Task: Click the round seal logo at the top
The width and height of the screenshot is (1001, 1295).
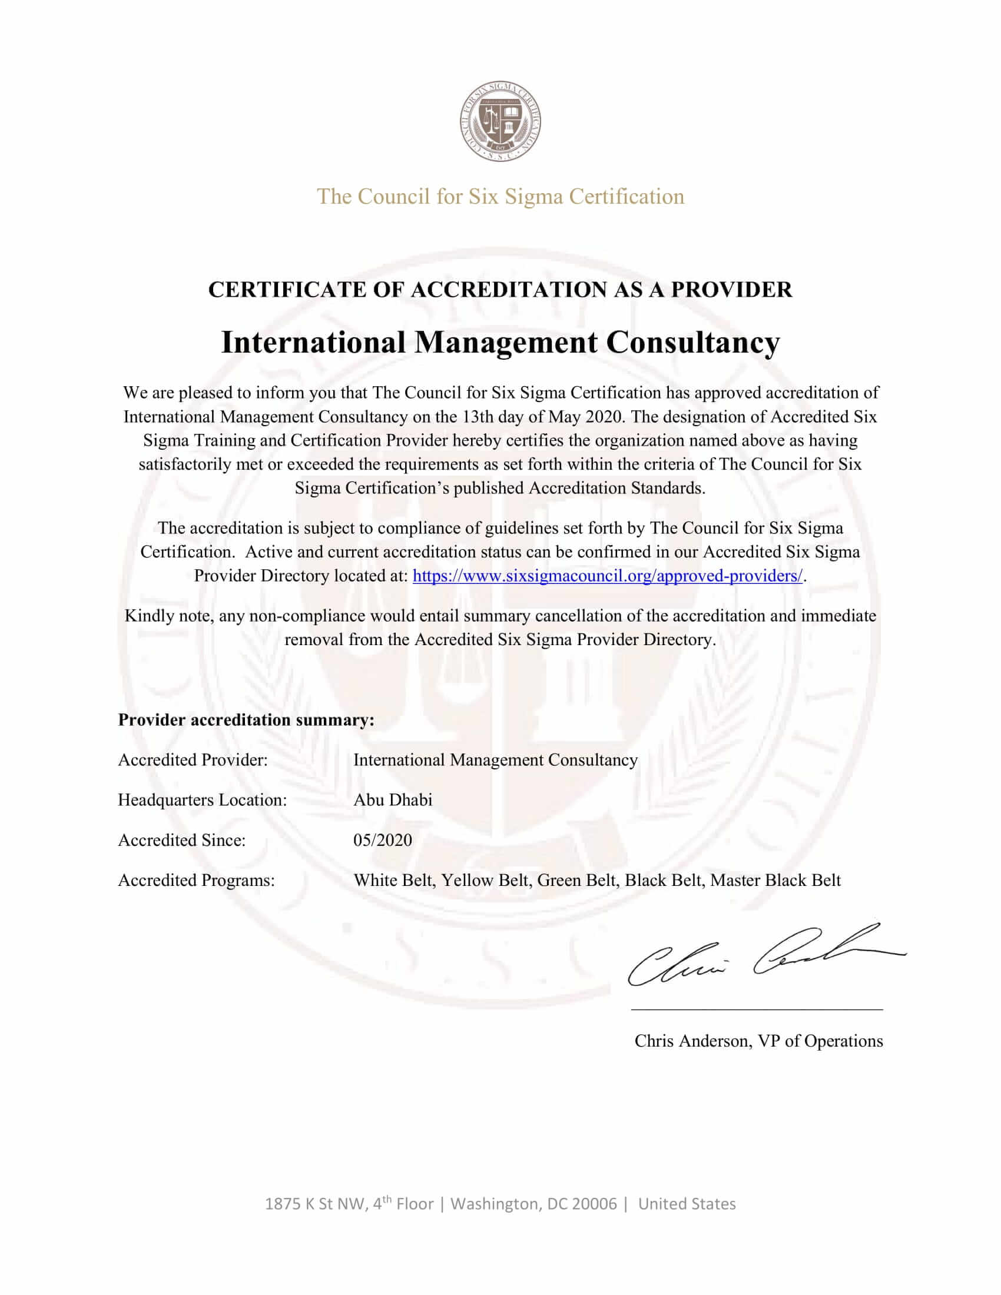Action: coord(501,122)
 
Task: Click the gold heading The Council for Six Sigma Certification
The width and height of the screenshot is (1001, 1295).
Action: coord(501,196)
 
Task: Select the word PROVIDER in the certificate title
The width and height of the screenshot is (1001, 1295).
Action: coord(731,290)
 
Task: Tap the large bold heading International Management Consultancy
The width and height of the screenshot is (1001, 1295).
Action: coord(501,342)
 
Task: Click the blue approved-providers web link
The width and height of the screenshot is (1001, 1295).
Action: coord(607,576)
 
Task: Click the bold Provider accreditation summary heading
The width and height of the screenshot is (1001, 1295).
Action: coord(246,720)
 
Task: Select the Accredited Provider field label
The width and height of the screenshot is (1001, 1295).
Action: coord(193,760)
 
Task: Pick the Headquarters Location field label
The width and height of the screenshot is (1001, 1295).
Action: coord(202,800)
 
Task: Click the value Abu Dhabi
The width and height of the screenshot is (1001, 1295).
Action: coord(393,800)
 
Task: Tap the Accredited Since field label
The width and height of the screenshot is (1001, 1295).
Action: coord(181,840)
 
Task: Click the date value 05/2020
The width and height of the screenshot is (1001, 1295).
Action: coord(383,840)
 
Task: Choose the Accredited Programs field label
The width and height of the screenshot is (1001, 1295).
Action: coord(196,881)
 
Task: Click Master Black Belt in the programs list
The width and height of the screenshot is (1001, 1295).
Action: coord(775,881)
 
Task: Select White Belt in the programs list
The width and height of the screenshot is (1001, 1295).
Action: coord(393,881)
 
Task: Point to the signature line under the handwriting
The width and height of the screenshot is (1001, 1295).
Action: coord(757,1008)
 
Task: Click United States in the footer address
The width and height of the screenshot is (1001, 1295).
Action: coord(687,1204)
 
